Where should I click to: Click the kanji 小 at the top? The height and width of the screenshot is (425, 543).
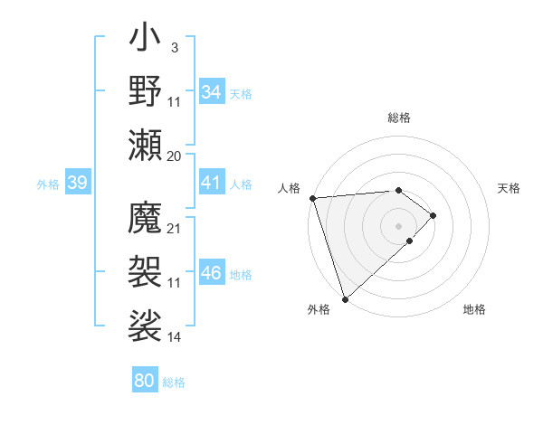pyautogui.click(x=145, y=42)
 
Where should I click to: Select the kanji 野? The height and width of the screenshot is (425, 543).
pyautogui.click(x=145, y=91)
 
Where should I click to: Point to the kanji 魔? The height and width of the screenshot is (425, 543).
pyautogui.click(x=145, y=218)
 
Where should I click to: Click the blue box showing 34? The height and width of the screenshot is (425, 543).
pyautogui.click(x=211, y=92)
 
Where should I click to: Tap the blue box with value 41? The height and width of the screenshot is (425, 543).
pyautogui.click(x=211, y=183)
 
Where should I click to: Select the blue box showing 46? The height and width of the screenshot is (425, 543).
pyautogui.click(x=211, y=274)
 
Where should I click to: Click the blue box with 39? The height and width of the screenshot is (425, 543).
pyautogui.click(x=77, y=183)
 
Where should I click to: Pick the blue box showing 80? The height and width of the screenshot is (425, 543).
pyautogui.click(x=144, y=381)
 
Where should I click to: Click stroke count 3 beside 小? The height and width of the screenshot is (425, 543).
pyautogui.click(x=174, y=46)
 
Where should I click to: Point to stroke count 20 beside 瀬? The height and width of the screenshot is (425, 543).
pyautogui.click(x=174, y=156)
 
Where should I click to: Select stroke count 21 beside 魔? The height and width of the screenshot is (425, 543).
pyautogui.click(x=174, y=228)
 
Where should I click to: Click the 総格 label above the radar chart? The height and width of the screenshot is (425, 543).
pyautogui.click(x=398, y=118)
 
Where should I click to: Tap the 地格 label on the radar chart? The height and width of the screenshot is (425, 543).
pyautogui.click(x=474, y=309)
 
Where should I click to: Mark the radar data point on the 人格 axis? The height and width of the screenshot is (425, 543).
pyautogui.click(x=312, y=198)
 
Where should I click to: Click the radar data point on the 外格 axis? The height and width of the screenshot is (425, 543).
pyautogui.click(x=345, y=297)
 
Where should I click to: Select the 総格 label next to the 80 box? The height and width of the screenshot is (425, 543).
pyautogui.click(x=174, y=382)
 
